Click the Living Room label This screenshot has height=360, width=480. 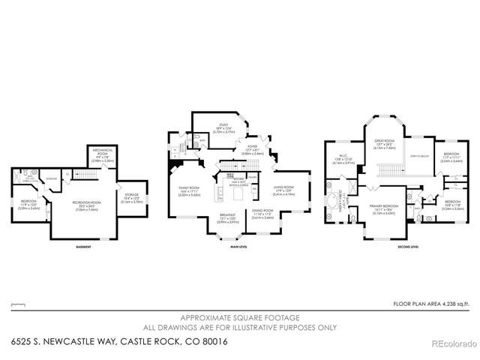283,191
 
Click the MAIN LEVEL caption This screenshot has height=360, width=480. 240,247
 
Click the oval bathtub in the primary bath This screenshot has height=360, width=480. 331,202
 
